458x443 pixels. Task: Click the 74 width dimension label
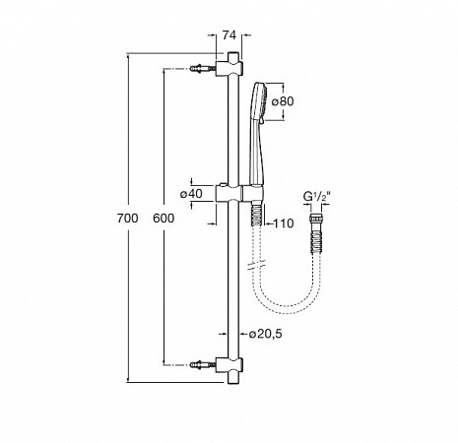point(229,35)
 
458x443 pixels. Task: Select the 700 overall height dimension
point(128,219)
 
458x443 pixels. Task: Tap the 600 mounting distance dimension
point(164,219)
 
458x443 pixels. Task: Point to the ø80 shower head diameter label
point(283,101)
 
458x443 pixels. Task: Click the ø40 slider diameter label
point(191,194)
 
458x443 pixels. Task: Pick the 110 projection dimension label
point(284,223)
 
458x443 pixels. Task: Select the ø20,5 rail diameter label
point(265,334)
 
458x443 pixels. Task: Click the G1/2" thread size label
point(316,197)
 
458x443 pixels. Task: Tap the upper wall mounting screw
point(203,69)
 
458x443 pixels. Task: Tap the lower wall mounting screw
point(203,364)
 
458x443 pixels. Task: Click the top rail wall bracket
point(229,68)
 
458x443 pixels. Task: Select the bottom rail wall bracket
point(229,365)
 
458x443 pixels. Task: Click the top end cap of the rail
point(232,56)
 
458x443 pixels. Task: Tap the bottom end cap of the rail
point(232,378)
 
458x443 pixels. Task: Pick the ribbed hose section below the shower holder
point(256,215)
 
